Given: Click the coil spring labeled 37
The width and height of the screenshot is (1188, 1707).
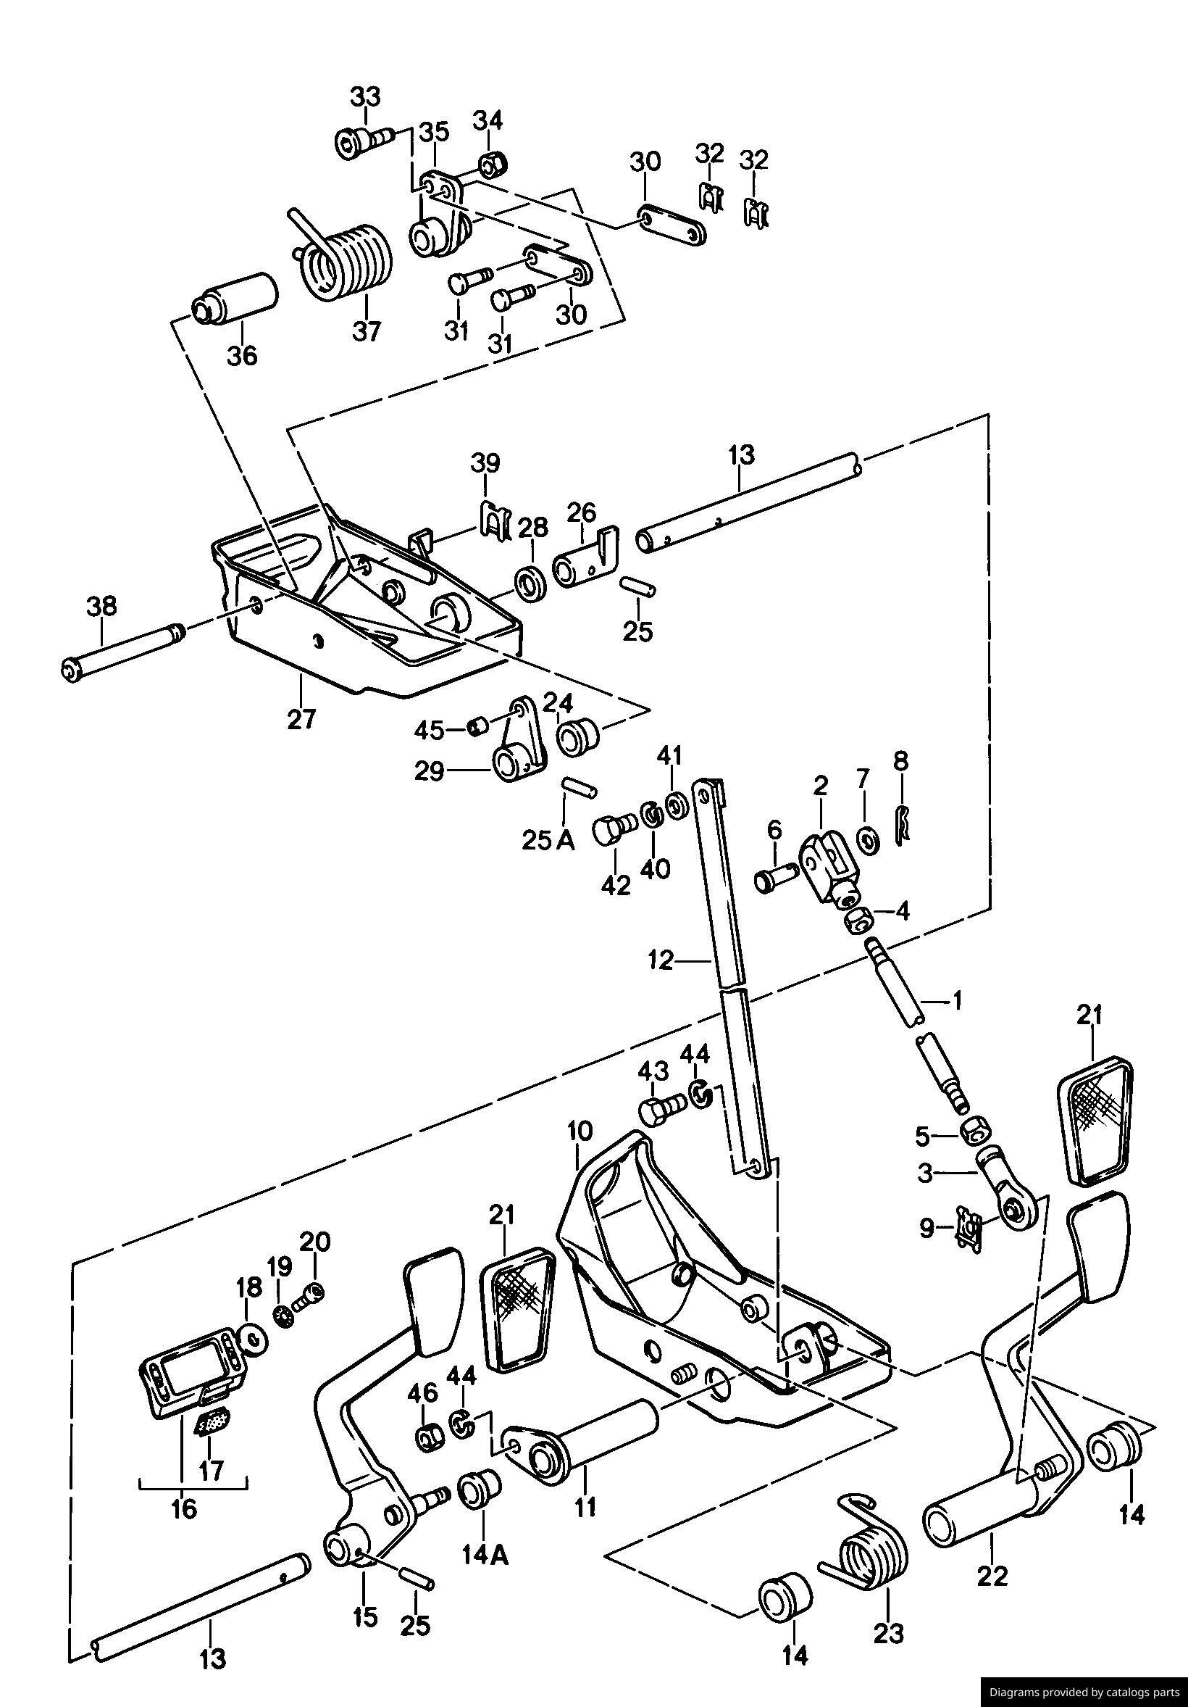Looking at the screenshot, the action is click(346, 262).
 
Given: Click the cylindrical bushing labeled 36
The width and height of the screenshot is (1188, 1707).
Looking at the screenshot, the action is click(234, 299).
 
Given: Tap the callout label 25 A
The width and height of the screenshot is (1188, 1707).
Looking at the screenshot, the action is click(548, 841).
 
